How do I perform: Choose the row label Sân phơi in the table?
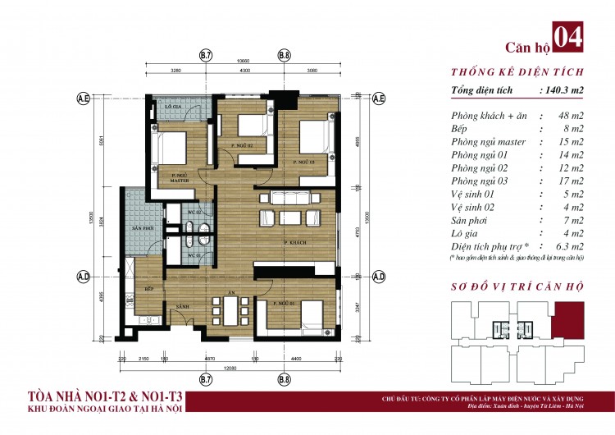(x=471, y=221)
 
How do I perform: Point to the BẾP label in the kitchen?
(x=150, y=289)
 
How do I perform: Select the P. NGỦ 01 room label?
(x=286, y=303)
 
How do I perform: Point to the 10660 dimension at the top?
(x=244, y=62)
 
